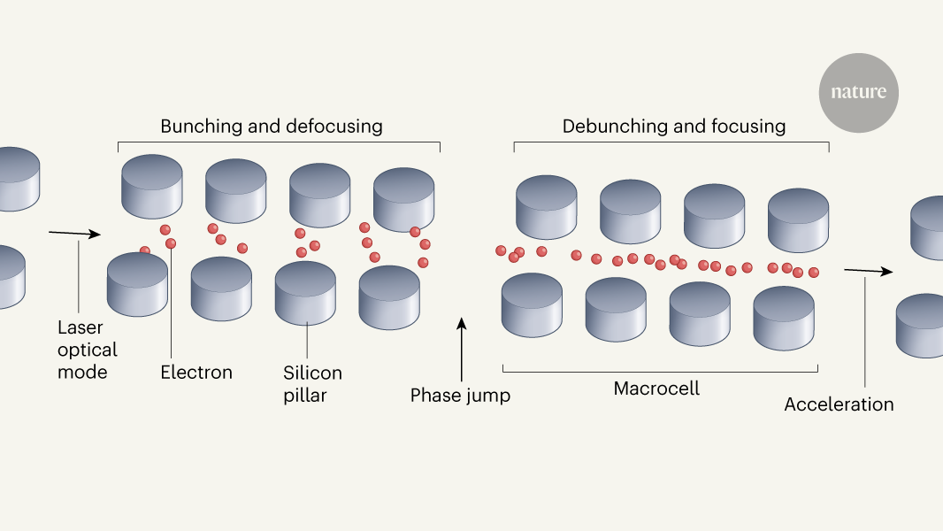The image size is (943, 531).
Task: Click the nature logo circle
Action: point(858,92)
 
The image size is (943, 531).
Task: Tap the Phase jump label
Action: point(460,395)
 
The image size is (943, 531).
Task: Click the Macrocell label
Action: point(656,389)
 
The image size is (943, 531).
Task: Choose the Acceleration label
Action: point(839,404)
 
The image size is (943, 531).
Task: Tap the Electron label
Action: point(196,373)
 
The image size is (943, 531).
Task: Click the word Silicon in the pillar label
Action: point(312,373)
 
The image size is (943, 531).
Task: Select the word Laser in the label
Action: point(80,327)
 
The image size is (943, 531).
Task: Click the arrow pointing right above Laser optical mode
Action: point(75,234)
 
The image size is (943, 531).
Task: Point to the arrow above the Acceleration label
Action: point(868,271)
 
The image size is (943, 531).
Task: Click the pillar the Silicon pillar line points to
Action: point(305,292)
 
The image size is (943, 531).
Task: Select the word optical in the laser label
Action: point(87,350)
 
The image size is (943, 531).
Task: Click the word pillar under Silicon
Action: point(305,395)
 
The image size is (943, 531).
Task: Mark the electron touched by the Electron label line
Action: point(171,242)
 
